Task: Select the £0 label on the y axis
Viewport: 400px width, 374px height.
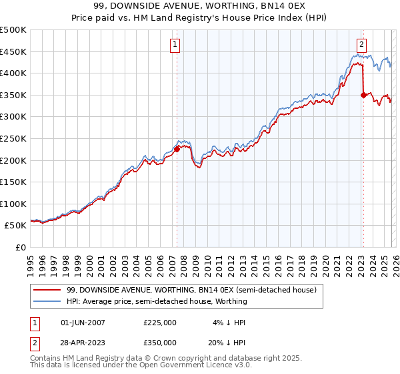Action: [20, 247]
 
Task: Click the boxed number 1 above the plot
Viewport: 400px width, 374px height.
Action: [175, 45]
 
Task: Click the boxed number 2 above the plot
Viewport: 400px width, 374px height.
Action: [361, 45]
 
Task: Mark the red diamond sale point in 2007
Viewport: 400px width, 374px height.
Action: [177, 150]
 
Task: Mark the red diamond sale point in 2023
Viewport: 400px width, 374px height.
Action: [363, 95]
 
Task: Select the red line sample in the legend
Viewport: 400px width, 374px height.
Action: [48, 290]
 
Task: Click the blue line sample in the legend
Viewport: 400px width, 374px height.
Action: [48, 301]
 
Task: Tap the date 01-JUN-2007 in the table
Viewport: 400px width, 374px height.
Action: [83, 323]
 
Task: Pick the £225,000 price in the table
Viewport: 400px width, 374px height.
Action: [159, 323]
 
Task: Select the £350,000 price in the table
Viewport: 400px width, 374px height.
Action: [159, 343]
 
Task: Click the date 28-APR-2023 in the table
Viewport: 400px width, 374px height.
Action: [83, 343]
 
